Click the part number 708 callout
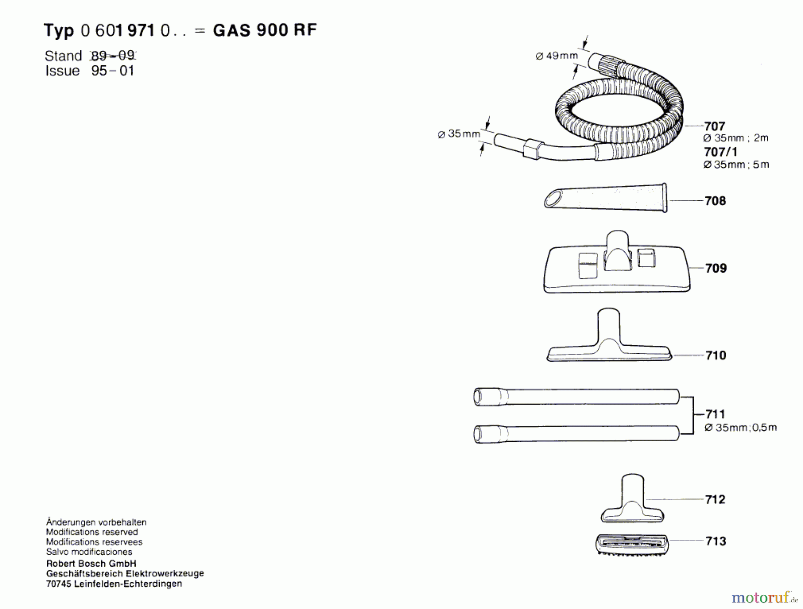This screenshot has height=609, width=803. pos(715,201)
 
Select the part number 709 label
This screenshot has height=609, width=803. pos(716,268)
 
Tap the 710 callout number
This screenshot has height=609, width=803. pos(716,355)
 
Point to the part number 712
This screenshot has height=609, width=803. pos(715,499)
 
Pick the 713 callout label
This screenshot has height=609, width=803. pos(716,541)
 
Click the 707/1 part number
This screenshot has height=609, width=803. pos(720,152)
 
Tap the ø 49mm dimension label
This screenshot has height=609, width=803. pos(556,56)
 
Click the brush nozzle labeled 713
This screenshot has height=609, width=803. pos(632,544)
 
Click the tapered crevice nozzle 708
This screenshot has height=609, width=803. pos(605,198)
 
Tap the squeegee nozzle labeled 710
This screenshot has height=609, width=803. pos(609,344)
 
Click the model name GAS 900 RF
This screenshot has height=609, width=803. pos(265,30)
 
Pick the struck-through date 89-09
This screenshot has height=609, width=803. pos(112,56)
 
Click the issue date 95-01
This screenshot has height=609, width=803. pos(112,71)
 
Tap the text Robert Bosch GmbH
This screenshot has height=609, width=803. pos(91,563)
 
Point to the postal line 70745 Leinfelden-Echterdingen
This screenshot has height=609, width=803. pos(114,584)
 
